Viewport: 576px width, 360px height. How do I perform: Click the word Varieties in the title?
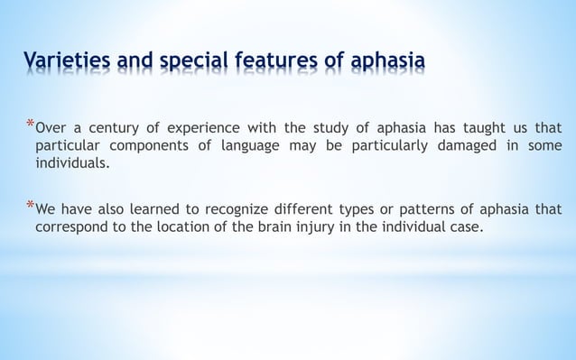pos(63,61)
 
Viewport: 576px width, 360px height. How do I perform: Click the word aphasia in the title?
pos(385,62)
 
